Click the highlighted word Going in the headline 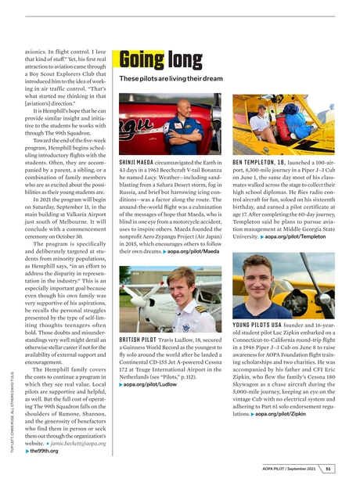(142, 60)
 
